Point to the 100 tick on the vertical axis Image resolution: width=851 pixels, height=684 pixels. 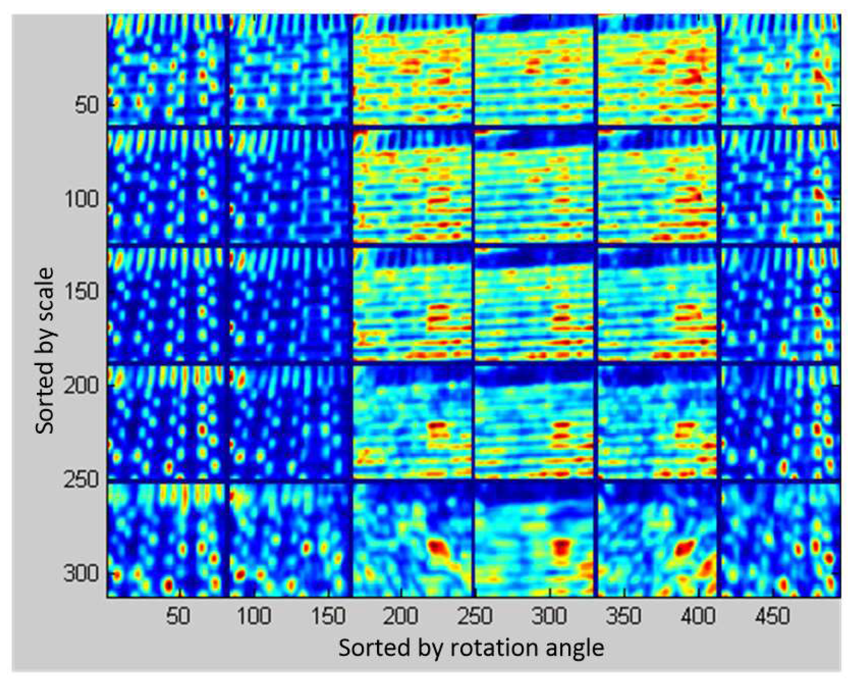point(81,199)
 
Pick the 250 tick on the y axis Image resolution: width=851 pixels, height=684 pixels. point(81,480)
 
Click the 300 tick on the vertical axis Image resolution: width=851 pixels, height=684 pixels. point(81,573)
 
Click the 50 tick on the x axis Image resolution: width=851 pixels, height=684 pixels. point(178,616)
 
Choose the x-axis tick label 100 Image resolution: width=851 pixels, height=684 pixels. point(254,616)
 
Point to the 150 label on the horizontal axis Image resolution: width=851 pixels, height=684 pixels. point(328,616)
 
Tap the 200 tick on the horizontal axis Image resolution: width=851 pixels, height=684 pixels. point(401,616)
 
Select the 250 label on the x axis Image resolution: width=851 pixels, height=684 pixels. point(475,616)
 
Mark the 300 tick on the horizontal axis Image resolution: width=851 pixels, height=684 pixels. point(549,616)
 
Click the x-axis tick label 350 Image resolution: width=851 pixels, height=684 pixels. point(623,616)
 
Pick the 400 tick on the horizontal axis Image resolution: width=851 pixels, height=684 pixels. point(698,616)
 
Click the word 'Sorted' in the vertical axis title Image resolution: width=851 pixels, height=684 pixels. point(46,403)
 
